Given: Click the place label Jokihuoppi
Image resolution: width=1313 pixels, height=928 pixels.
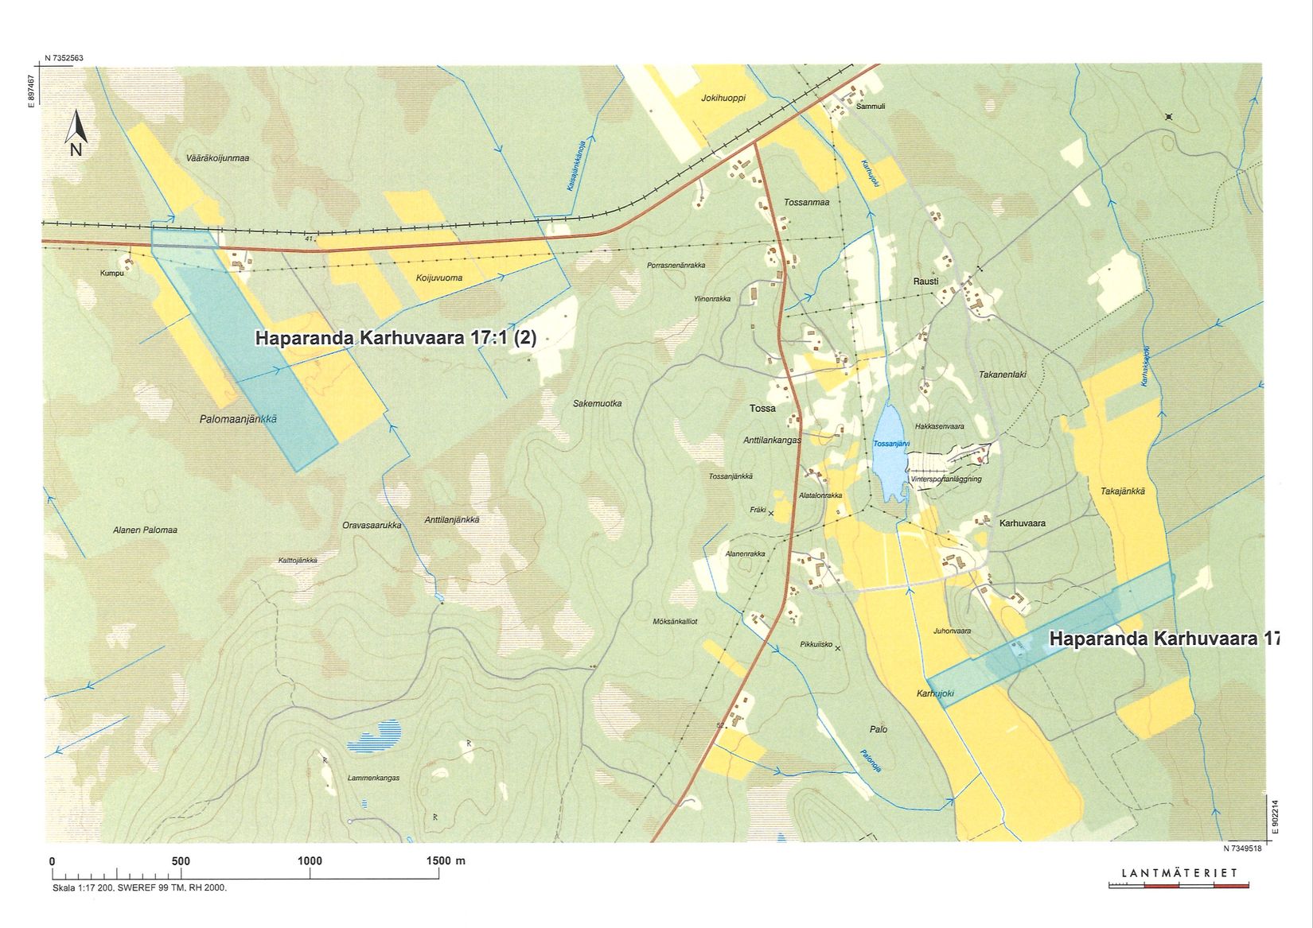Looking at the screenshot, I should point(723,99).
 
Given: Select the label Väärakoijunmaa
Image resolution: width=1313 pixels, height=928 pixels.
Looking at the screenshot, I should point(217,158).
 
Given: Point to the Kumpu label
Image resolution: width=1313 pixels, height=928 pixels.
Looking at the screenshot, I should point(111,274).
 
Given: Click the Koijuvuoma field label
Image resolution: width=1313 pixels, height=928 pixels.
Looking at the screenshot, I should point(438,278).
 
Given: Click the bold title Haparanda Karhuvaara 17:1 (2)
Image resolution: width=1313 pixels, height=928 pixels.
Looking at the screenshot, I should point(395,338).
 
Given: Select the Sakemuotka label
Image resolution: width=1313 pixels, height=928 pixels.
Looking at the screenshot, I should point(597,404).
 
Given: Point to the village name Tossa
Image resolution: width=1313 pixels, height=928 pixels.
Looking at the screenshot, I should point(762,409).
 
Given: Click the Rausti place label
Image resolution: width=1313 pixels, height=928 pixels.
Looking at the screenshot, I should point(925,282).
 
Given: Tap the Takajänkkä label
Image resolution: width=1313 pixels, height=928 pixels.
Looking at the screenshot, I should point(1122,491).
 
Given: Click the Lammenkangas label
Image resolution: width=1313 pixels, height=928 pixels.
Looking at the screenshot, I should point(373,778).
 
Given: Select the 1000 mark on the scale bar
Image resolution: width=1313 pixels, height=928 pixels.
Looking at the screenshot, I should point(310,861).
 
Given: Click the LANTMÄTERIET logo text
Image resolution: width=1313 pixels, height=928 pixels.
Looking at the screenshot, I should point(1179,873).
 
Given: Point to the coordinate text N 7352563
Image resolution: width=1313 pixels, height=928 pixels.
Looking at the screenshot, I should point(64,58).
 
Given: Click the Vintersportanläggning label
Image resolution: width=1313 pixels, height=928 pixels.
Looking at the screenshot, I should point(946,480).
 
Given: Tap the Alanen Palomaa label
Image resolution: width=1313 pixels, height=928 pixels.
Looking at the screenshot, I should point(145,530).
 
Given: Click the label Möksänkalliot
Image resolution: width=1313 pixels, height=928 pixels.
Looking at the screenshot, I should point(674,621).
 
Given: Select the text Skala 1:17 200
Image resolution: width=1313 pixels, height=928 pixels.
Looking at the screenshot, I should point(83,887).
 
